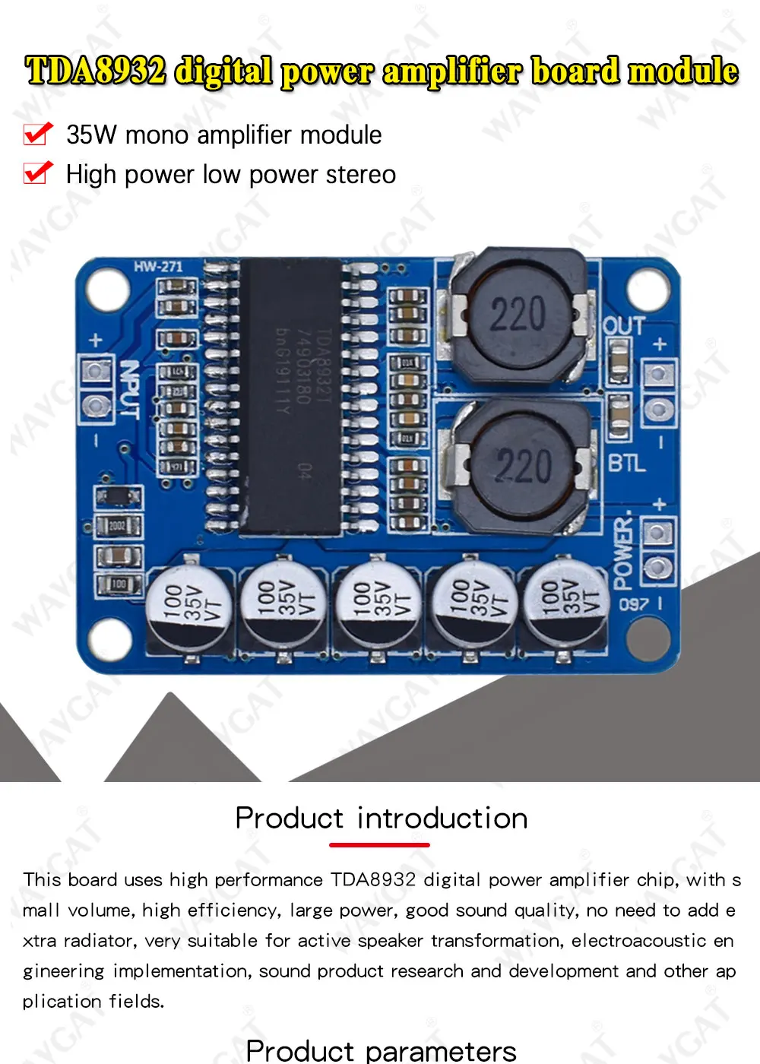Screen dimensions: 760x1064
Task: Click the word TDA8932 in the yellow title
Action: click(95, 71)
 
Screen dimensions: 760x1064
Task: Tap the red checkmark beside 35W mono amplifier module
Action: click(38, 134)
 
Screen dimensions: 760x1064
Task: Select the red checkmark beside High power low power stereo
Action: click(38, 173)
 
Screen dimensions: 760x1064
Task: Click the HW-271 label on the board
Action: click(158, 267)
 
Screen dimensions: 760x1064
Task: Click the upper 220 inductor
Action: click(518, 315)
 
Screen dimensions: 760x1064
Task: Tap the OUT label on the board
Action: click(624, 327)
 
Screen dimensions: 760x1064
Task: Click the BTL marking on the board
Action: click(626, 462)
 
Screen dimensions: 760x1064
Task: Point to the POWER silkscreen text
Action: click(623, 553)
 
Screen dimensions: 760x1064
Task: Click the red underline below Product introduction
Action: click(379, 844)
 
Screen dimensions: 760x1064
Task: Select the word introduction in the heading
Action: click(442, 819)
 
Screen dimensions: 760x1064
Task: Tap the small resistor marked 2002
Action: click(117, 525)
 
